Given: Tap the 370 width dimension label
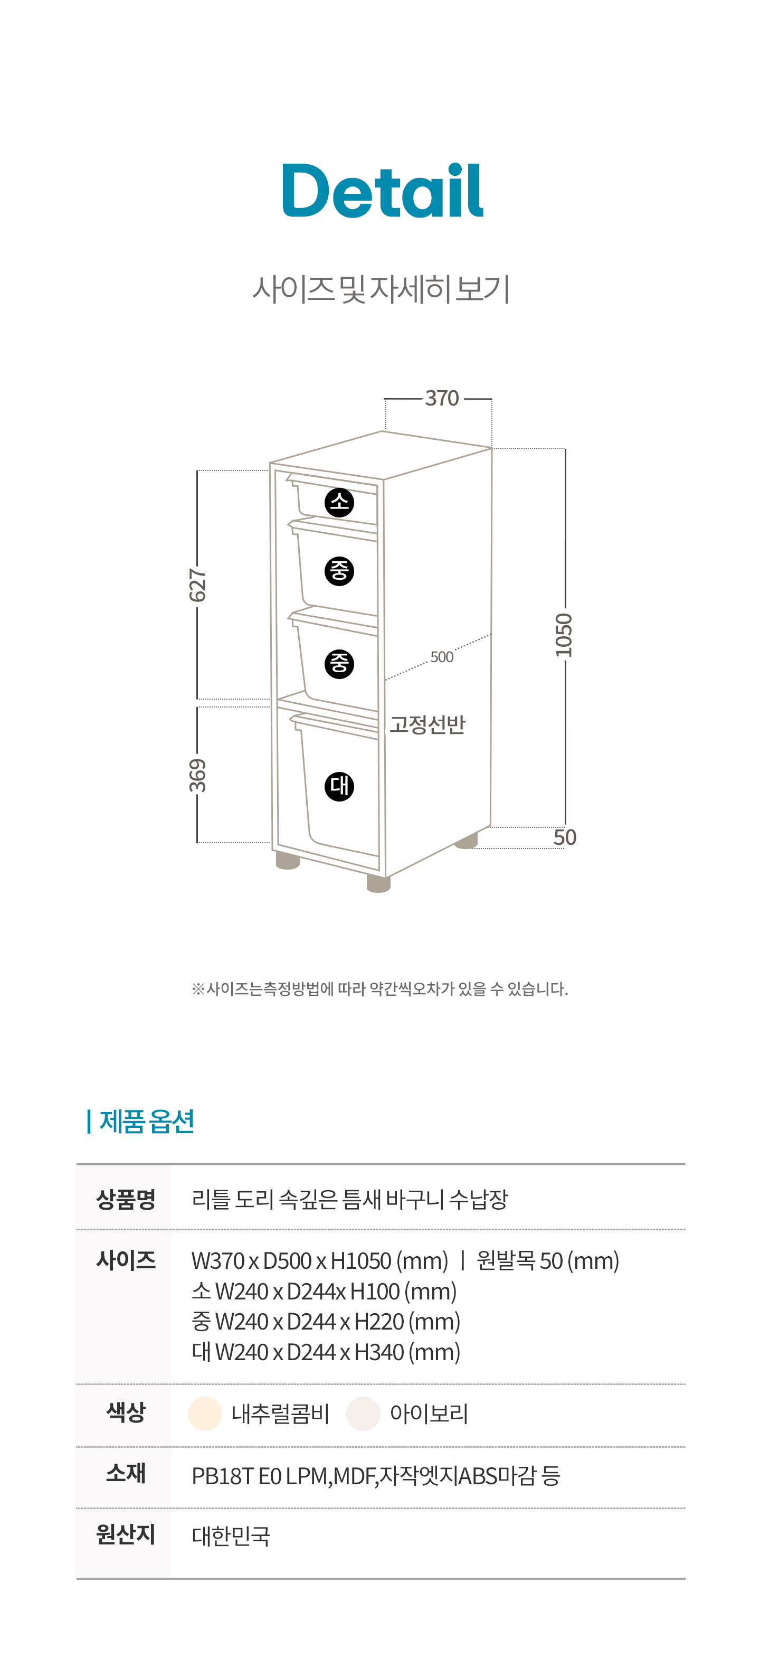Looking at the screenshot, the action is pos(442,398).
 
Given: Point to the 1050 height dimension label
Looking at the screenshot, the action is pos(564,635).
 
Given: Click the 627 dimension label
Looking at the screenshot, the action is pos(197,585).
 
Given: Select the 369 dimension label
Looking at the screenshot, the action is pos(197,775).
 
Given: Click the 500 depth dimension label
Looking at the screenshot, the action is pos(442,657).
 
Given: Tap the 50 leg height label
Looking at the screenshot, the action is pos(565,837).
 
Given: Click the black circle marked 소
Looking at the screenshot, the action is pos(339,503).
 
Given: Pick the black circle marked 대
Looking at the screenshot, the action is pos(339,786).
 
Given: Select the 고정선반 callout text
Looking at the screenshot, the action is pos(427,724).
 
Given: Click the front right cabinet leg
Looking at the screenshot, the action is pos(379,883).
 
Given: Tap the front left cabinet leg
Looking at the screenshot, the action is pos(288,861).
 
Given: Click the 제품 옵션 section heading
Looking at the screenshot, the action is pos(146,1122).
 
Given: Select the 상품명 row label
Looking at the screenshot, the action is pos(126,1199).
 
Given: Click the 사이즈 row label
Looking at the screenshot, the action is pos(126,1260).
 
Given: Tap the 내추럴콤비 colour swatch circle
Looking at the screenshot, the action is pos(205,1413).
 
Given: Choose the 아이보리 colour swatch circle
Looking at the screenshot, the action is pos(363,1413).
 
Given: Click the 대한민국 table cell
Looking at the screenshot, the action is pos(231,1536).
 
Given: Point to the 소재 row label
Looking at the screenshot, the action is pos(126,1474).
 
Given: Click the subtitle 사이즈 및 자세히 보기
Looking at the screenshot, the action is pos(381,289).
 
